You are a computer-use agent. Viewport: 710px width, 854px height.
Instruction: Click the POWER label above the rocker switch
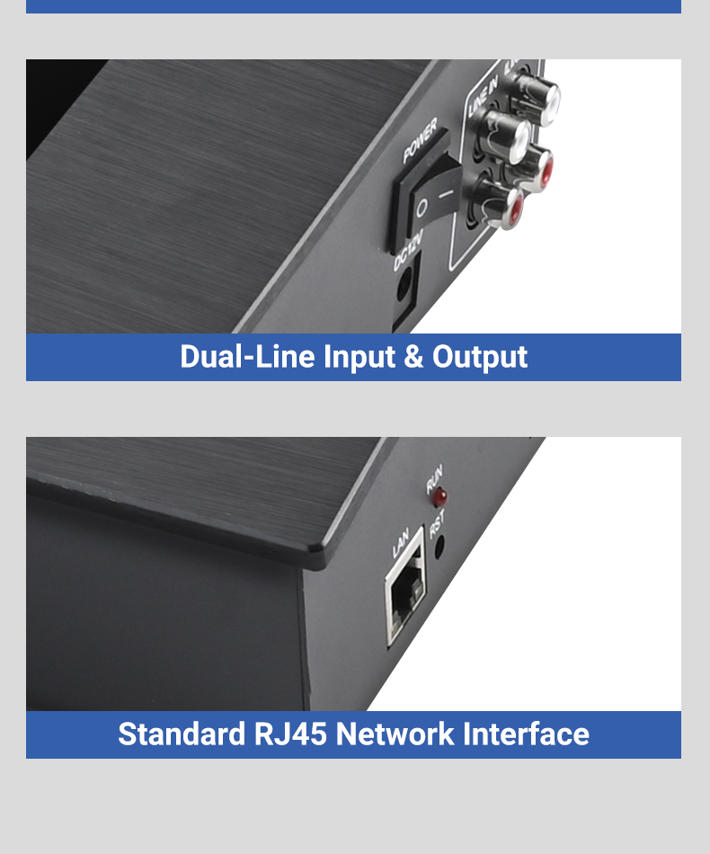pyautogui.click(x=420, y=140)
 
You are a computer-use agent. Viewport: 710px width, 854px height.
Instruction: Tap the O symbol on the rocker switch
pyautogui.click(x=422, y=209)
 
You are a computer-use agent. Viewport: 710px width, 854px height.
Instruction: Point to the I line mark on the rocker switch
pyautogui.click(x=446, y=193)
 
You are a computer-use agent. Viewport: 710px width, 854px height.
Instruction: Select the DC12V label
pyautogui.click(x=408, y=250)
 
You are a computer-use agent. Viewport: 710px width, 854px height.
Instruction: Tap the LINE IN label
pyautogui.click(x=483, y=96)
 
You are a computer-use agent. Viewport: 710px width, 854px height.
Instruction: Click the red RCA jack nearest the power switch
pyautogui.click(x=500, y=204)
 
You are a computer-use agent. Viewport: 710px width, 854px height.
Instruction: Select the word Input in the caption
pyautogui.click(x=359, y=358)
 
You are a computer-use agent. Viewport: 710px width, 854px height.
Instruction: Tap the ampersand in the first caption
pyautogui.click(x=413, y=357)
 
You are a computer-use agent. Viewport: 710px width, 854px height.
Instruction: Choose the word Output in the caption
pyautogui.click(x=480, y=358)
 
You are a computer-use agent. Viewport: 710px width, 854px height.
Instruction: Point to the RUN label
pyautogui.click(x=434, y=477)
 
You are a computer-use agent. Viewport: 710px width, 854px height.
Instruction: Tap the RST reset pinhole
pyautogui.click(x=439, y=545)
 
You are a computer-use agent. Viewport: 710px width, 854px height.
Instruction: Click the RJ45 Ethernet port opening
pyautogui.click(x=405, y=595)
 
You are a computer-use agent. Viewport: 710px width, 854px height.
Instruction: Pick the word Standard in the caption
pyautogui.click(x=182, y=734)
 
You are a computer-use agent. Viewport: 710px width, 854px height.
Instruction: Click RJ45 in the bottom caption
pyautogui.click(x=290, y=734)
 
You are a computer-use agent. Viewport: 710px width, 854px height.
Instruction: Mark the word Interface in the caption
pyautogui.click(x=526, y=734)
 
